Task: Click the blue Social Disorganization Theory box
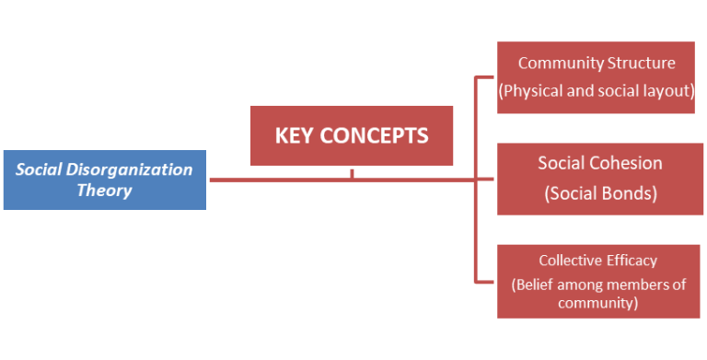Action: [x=104, y=180]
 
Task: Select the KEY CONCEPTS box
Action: [x=352, y=136]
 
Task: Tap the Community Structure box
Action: [x=596, y=77]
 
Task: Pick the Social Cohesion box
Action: [x=600, y=179]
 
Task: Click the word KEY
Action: [x=296, y=136]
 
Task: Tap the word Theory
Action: [x=104, y=191]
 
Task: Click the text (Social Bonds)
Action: [x=600, y=193]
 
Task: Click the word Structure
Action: [x=641, y=64]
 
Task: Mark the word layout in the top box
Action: [x=669, y=91]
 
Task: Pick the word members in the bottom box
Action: [x=635, y=285]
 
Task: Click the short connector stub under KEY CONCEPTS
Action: [x=352, y=174]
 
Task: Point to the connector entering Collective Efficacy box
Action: [x=484, y=280]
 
